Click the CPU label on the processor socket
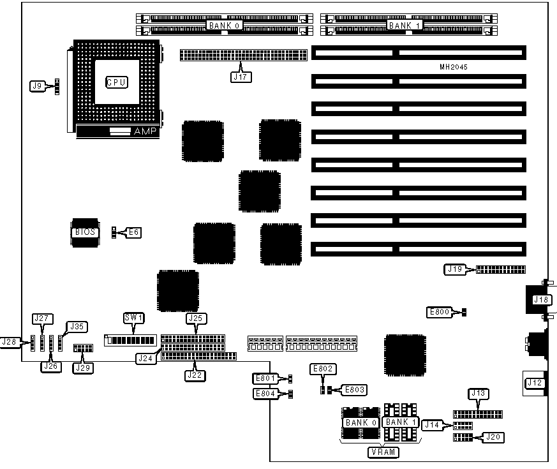click(x=116, y=82)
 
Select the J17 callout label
click(x=242, y=77)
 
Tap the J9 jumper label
click(x=38, y=85)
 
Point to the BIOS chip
click(x=84, y=232)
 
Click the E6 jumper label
click(x=133, y=232)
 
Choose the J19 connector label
click(x=453, y=269)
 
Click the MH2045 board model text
click(x=454, y=67)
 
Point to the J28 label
click(x=10, y=342)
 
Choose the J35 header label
click(x=77, y=327)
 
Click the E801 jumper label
click(x=265, y=379)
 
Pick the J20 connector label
click(x=493, y=437)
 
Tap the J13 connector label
click(x=478, y=393)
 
